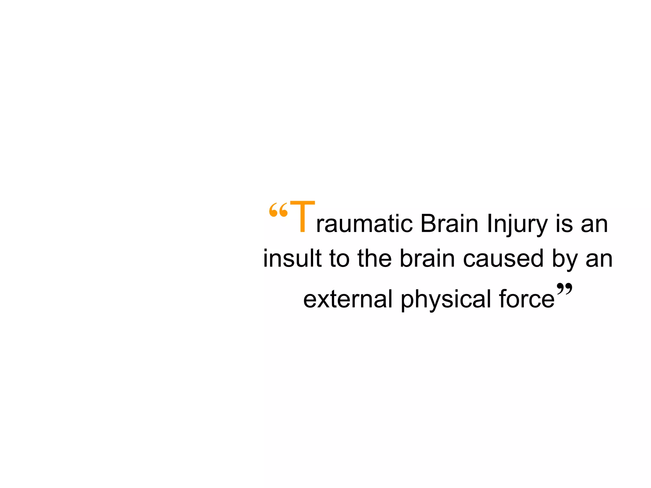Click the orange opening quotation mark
pyautogui.click(x=278, y=210)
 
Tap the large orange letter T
pyautogui.click(x=302, y=217)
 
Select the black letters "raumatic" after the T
pyautogui.click(x=364, y=224)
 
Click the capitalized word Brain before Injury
pyautogui.click(x=449, y=224)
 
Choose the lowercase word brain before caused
pyautogui.click(x=427, y=258)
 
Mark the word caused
pyautogui.click(x=503, y=258)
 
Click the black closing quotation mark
pyautogui.click(x=565, y=289)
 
